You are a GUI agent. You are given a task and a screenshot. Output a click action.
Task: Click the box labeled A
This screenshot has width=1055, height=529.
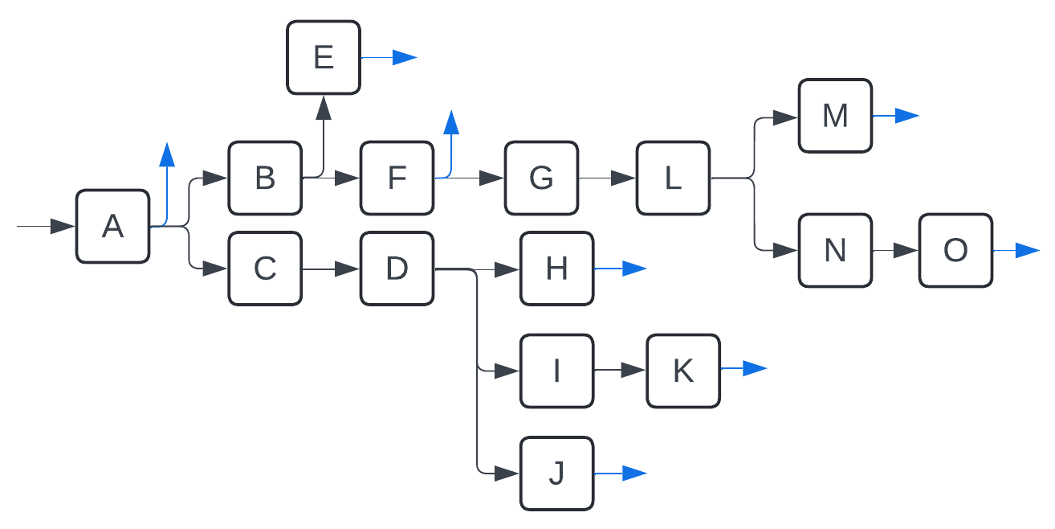click(113, 227)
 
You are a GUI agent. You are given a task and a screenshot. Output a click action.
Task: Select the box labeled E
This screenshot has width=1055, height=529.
click(324, 58)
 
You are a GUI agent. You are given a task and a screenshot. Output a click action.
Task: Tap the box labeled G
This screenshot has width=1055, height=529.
click(541, 178)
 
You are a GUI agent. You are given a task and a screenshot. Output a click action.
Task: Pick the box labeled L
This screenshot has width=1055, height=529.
click(673, 178)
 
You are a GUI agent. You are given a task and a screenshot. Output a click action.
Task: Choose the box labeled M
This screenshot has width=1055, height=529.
click(835, 116)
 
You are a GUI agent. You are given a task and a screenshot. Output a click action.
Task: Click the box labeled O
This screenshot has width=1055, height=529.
click(955, 251)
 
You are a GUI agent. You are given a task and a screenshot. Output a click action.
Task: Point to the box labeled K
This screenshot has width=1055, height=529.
click(683, 371)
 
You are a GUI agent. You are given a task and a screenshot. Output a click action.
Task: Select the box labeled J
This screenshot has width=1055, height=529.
click(556, 474)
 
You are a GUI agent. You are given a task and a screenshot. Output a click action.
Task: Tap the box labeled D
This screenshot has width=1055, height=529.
click(397, 269)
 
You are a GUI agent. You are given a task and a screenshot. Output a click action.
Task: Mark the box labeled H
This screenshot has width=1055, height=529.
click(556, 269)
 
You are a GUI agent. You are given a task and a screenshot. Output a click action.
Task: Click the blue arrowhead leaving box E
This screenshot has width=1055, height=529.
click(405, 57)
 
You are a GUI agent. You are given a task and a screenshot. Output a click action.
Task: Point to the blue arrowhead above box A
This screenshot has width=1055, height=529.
click(167, 154)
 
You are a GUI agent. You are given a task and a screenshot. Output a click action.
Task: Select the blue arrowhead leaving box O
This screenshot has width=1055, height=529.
click(1027, 251)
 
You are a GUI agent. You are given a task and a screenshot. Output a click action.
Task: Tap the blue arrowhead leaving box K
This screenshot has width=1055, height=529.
click(755, 369)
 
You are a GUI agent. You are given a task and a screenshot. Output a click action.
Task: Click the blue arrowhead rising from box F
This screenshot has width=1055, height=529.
click(451, 123)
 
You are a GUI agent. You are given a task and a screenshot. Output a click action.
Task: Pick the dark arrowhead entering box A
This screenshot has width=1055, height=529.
click(63, 227)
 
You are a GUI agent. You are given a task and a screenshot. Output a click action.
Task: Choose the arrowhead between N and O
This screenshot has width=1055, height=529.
click(906, 251)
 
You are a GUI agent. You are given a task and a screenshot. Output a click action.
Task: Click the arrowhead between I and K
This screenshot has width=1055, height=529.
click(633, 371)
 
